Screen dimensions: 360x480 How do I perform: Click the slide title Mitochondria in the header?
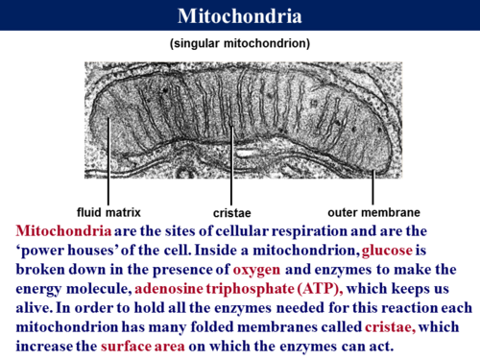240,16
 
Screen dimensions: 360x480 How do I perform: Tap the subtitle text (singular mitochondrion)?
239,45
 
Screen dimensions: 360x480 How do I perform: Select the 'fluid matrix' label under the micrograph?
108,211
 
